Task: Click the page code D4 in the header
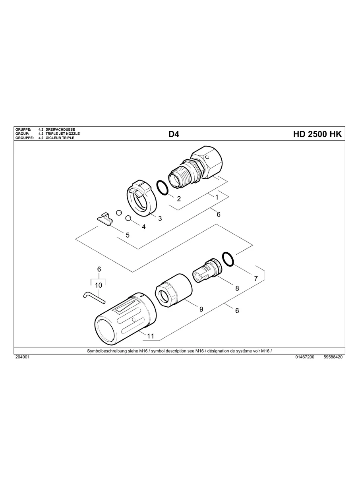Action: [174, 134]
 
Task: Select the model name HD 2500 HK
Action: [317, 134]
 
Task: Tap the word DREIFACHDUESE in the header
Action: [60, 130]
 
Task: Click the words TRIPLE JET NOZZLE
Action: [63, 134]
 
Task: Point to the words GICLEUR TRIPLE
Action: [60, 138]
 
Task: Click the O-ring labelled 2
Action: [163, 188]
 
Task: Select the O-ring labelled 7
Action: [228, 259]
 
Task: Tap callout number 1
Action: [217, 197]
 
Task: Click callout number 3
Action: [160, 219]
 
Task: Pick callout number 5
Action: [128, 235]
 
